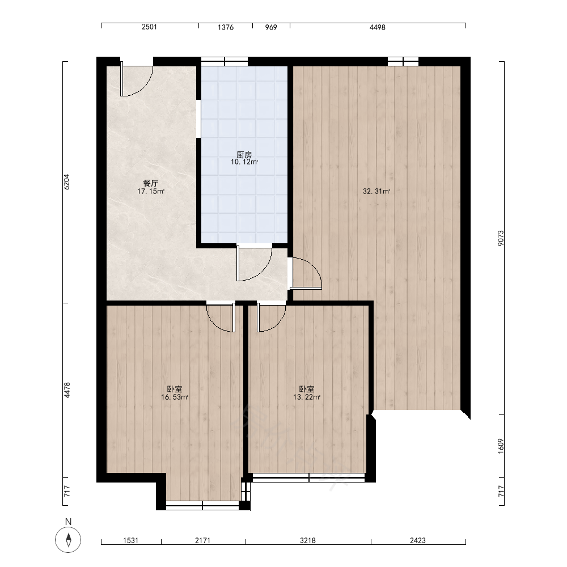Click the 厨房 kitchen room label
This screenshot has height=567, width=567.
[244, 155]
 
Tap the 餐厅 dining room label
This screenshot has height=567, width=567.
[150, 183]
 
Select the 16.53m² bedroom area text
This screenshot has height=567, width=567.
[175, 397]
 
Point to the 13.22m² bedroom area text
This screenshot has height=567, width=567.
[307, 397]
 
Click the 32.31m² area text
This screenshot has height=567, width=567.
[376, 191]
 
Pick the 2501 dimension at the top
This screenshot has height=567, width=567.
[149, 27]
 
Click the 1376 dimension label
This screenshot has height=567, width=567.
[226, 27]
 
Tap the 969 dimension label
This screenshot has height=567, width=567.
[271, 27]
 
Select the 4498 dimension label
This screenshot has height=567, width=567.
[378, 27]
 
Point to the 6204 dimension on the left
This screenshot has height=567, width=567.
[66, 182]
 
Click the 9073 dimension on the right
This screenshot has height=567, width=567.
[501, 238]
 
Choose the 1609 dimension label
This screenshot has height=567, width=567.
[501, 446]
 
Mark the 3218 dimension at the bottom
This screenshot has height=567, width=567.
[308, 540]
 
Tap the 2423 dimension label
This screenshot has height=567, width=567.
[418, 540]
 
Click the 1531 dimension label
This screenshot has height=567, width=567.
[130, 540]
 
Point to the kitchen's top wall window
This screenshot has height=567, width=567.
[225, 61]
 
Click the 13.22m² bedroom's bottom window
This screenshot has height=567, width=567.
[309, 477]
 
